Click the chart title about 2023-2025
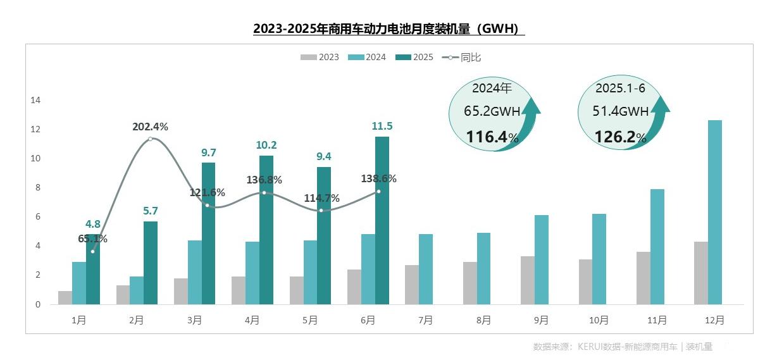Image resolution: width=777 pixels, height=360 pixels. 388,29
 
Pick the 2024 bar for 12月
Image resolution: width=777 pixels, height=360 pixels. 715,212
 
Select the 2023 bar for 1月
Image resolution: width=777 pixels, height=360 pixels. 65,297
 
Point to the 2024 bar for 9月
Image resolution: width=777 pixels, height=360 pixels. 541,259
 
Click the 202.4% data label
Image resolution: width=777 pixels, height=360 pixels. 150,127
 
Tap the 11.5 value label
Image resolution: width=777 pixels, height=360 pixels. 382,127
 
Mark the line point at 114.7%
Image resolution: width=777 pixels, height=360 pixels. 321,210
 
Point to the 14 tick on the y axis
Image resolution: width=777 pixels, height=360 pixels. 35,100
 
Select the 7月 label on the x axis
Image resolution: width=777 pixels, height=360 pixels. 425,320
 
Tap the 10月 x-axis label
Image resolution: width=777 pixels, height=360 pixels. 599,320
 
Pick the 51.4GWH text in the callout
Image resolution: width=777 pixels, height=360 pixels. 620,112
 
